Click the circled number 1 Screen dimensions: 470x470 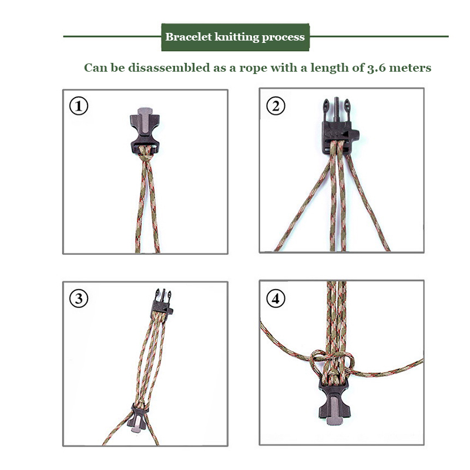(x=79, y=106)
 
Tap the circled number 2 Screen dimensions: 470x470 (x=276, y=106)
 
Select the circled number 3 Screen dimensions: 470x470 (x=79, y=298)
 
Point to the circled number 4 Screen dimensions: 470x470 (x=276, y=298)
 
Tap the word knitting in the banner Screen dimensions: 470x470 (x=237, y=38)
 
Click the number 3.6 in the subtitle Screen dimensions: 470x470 (x=377, y=68)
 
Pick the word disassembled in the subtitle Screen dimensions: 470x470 (x=169, y=68)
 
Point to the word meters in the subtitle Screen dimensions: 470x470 (x=410, y=68)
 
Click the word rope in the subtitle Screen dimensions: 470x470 (x=253, y=69)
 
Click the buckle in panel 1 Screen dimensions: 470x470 (x=145, y=130)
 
